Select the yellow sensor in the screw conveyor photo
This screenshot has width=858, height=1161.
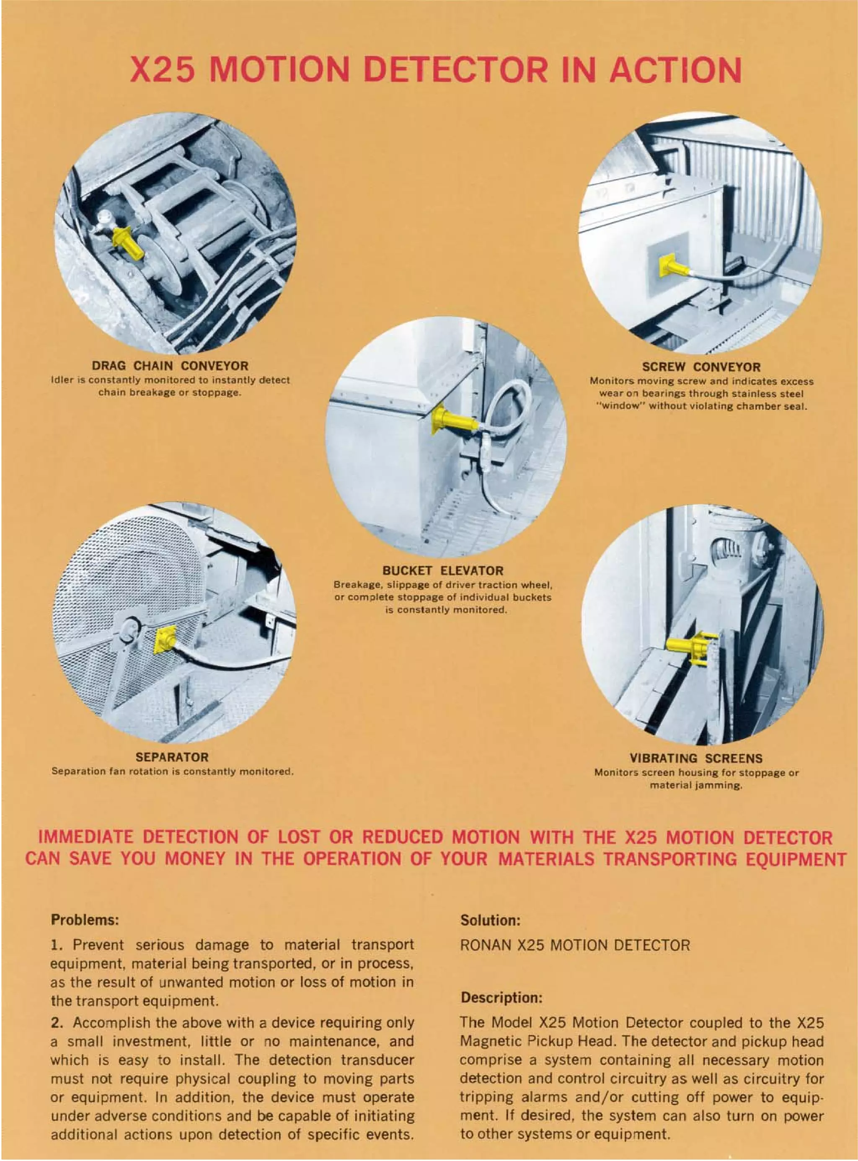tap(672, 268)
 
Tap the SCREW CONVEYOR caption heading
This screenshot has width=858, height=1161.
tap(701, 367)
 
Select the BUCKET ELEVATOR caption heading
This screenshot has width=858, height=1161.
tap(442, 570)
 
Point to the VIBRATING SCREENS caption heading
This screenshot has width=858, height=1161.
tap(696, 759)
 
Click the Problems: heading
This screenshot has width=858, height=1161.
tap(85, 920)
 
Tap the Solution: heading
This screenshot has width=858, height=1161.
tap(490, 921)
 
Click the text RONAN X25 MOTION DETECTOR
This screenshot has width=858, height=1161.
tap(575, 945)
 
